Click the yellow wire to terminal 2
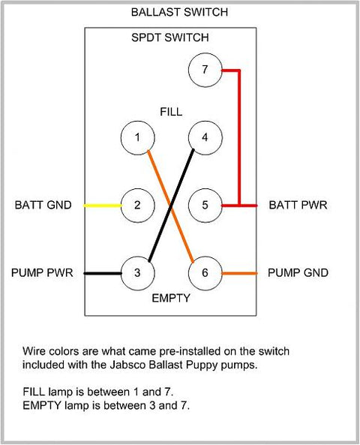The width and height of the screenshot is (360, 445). point(103,206)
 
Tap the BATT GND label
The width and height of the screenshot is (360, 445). point(43,205)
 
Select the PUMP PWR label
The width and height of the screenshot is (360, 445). point(42,272)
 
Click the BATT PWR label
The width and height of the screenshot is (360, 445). point(298,205)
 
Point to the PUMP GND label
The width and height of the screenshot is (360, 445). point(298,272)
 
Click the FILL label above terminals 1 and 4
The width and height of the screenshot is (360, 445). point(171,112)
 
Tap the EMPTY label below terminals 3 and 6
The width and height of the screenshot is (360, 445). point(171,298)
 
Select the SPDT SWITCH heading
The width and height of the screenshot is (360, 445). point(170,38)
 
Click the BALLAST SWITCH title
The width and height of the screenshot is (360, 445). point(179,12)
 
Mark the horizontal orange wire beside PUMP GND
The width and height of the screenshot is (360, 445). point(239,273)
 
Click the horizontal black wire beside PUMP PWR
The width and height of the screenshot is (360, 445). point(103,273)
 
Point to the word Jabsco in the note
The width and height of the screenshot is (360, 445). point(128,365)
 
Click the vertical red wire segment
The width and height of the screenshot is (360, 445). point(239,137)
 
